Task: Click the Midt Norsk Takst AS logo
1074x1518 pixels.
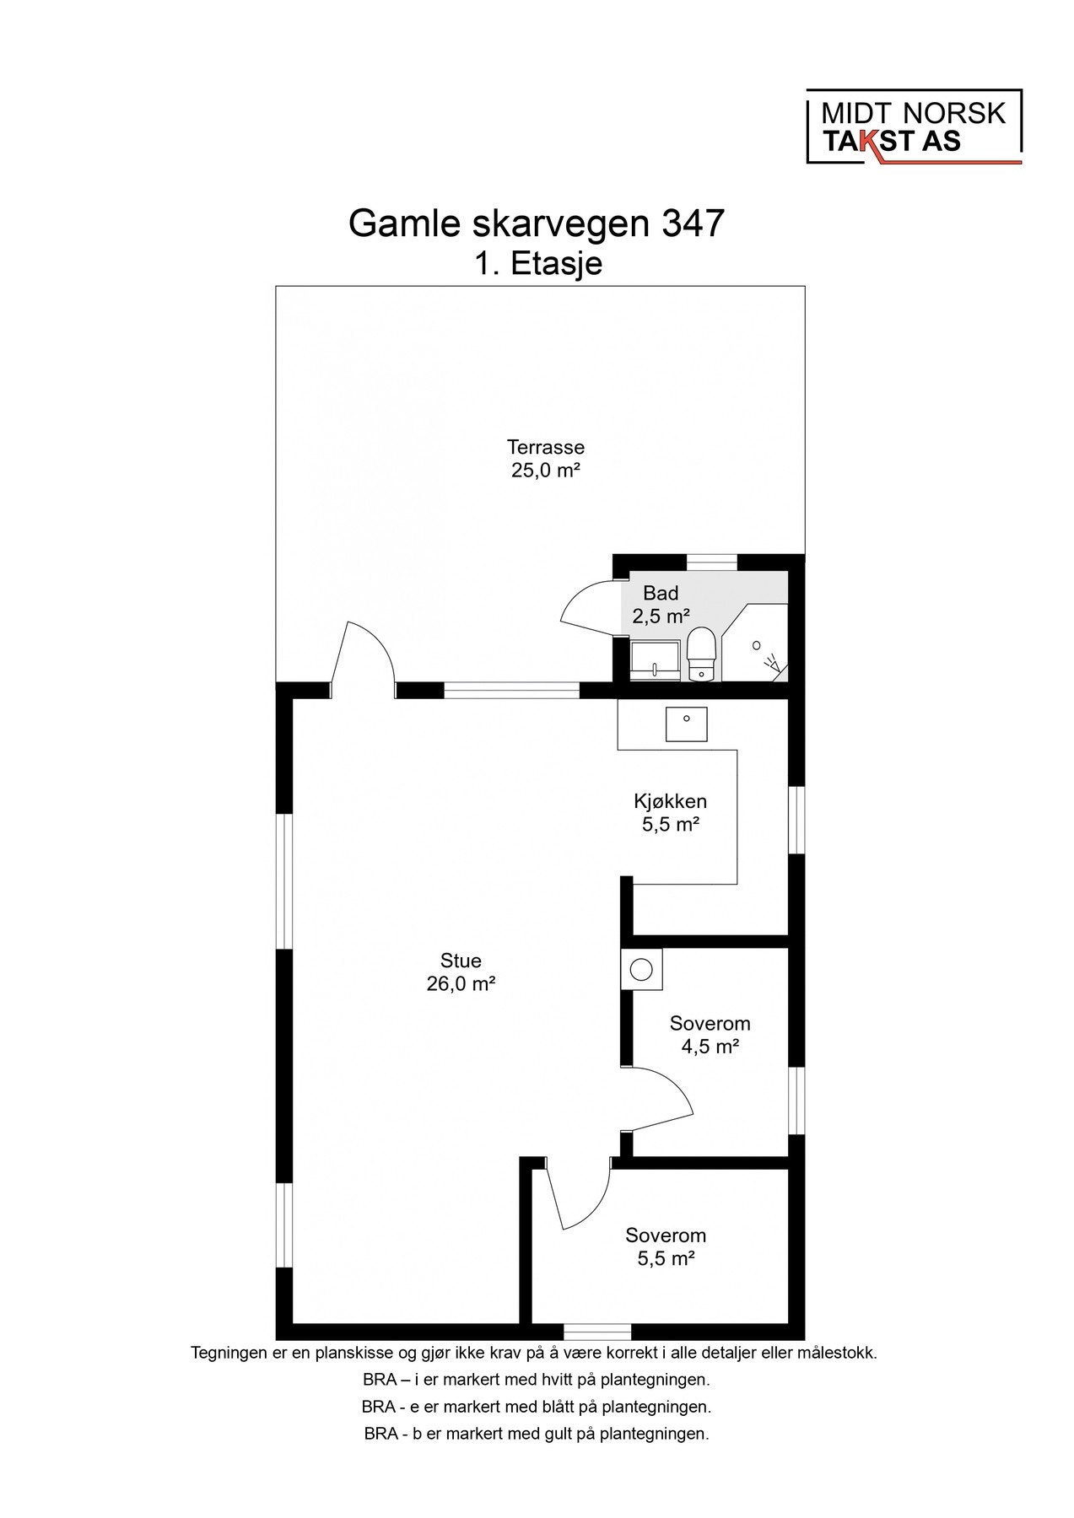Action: click(x=915, y=126)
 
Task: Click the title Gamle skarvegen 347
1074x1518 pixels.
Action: click(x=537, y=224)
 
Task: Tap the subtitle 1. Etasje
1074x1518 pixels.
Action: click(x=537, y=264)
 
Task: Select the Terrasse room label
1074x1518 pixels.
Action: click(x=545, y=447)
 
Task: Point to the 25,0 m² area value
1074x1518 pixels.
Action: click(x=545, y=471)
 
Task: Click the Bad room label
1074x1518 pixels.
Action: click(x=661, y=593)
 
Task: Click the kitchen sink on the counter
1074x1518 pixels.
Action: click(x=687, y=723)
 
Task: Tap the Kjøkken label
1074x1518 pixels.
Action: click(x=670, y=801)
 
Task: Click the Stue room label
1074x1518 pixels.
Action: click(x=461, y=961)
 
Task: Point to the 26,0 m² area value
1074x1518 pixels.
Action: click(x=461, y=984)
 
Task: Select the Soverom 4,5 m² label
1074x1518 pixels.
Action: click(x=710, y=1035)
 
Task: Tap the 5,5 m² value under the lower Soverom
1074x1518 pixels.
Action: click(x=666, y=1259)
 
